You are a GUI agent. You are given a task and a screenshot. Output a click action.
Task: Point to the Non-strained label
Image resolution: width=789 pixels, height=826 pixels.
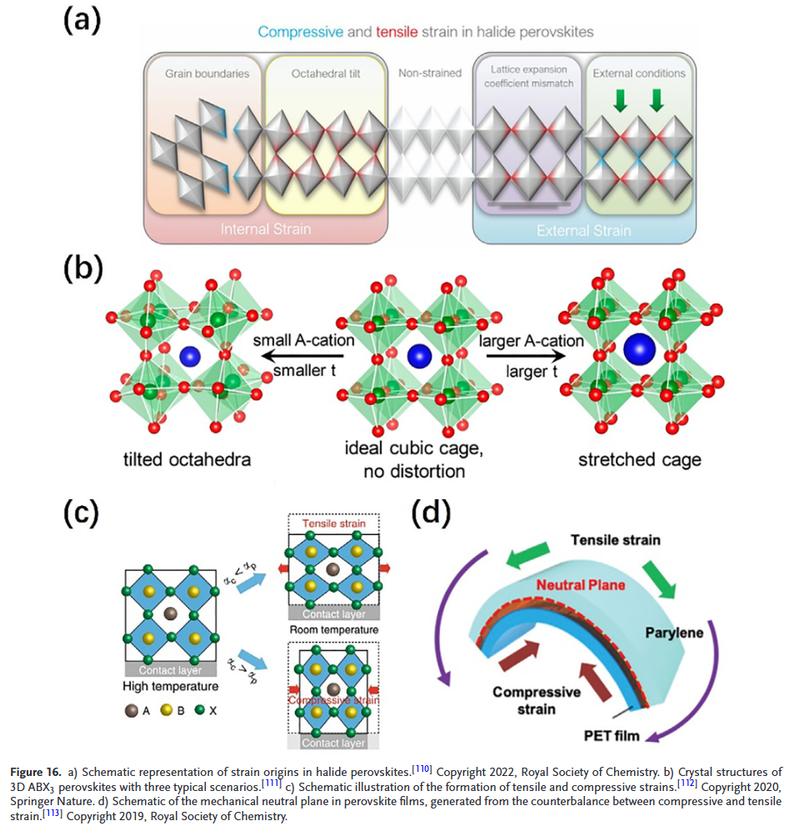click(429, 73)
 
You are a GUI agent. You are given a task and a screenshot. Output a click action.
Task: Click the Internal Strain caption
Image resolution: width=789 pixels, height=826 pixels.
click(264, 229)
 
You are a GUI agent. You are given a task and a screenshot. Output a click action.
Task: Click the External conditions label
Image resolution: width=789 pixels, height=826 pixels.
click(639, 73)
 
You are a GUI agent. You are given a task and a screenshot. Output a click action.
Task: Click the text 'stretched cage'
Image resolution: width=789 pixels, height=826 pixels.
click(641, 459)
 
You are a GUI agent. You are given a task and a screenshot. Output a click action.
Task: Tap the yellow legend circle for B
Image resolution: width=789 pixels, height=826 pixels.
click(166, 712)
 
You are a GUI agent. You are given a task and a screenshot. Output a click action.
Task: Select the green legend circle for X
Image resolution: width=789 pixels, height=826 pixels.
click(201, 712)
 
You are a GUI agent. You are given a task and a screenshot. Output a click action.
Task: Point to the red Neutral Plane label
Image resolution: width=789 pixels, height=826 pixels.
click(581, 585)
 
